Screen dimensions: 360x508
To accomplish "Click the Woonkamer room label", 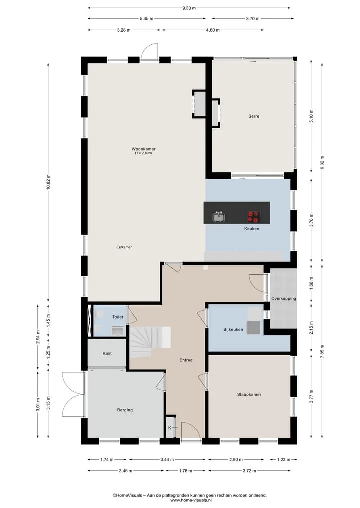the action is coord(143,149).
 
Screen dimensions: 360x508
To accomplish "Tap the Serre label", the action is coord(254,116).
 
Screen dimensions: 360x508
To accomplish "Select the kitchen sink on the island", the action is coord(219,217).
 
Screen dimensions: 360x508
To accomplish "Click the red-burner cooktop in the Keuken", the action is coord(254,217).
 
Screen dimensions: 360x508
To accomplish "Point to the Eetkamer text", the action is coord(124,247).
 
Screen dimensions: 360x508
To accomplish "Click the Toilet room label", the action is coord(117,317).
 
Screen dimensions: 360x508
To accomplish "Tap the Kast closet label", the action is coord(107,353).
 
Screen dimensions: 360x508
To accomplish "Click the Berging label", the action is coord(125,410).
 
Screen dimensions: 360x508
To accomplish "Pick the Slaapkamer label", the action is coord(249,394).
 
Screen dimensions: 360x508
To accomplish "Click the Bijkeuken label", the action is coord(233,330).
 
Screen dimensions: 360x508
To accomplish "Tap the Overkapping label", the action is coord(284,298).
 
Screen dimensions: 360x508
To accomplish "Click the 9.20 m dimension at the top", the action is coord(189,8).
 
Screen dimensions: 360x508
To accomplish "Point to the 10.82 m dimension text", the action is coord(48,183).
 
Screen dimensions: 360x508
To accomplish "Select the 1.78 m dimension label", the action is coord(186,471).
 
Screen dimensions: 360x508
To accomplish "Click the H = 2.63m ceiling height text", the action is coord(143,153).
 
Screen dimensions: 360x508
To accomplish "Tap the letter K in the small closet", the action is coord(169,428).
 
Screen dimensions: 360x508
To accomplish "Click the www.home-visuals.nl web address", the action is coord(189,500).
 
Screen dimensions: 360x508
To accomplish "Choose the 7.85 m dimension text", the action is coord(322,352).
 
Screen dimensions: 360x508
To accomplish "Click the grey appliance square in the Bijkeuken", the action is coord(253,327).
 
